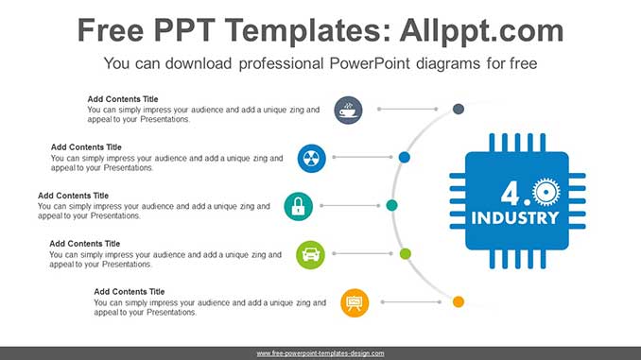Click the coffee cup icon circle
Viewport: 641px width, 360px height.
348,110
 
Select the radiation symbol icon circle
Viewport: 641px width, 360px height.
311,158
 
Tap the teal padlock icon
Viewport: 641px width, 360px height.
299,206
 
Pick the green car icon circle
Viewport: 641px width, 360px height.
311,254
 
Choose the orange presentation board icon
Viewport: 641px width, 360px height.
355,302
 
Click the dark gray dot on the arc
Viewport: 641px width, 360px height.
459,109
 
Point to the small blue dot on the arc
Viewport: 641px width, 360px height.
405,157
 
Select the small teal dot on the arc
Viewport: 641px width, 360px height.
391,205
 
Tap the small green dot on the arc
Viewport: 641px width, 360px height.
406,254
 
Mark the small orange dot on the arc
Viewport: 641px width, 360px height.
459,302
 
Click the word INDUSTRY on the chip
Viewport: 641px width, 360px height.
515,218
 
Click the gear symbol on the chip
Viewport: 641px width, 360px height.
546,192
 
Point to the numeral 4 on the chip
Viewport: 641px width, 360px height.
511,194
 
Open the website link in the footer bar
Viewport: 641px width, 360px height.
320,353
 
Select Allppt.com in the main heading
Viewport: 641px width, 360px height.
481,31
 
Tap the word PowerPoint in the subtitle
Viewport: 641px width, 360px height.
370,63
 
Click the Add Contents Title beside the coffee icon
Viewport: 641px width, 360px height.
123,99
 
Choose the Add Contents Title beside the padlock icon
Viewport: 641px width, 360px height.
73,196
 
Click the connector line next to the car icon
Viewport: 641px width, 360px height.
363,254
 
